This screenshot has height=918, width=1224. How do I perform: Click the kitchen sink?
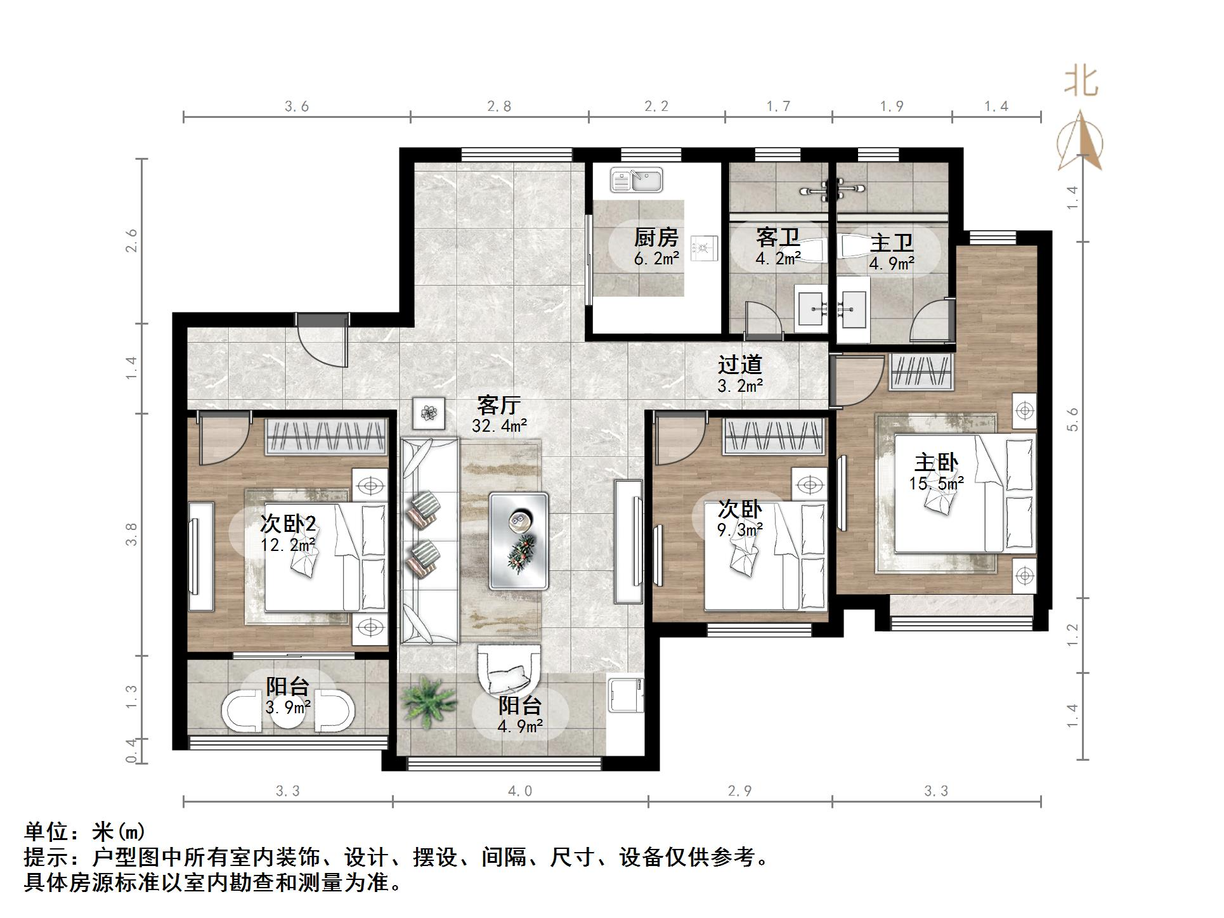(x=636, y=180)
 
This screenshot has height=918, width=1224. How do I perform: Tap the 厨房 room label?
(x=656, y=238)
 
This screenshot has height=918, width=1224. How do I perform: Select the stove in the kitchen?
(x=705, y=247)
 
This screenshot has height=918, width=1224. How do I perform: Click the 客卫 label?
(x=778, y=238)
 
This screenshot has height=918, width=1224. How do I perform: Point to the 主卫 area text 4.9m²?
(x=892, y=263)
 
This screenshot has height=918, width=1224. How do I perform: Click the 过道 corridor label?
(x=739, y=365)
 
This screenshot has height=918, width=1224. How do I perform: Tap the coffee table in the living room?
(x=519, y=541)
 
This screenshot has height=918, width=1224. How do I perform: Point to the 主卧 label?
(x=936, y=463)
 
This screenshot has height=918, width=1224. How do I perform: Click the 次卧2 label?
(x=288, y=524)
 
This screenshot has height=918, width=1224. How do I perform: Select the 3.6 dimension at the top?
(x=297, y=107)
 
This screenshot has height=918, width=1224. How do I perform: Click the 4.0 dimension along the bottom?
(x=519, y=791)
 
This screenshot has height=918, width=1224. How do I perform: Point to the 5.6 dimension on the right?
(x=1072, y=419)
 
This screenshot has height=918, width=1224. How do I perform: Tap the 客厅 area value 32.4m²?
(x=499, y=425)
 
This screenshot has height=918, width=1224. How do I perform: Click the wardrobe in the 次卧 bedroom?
(x=775, y=437)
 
